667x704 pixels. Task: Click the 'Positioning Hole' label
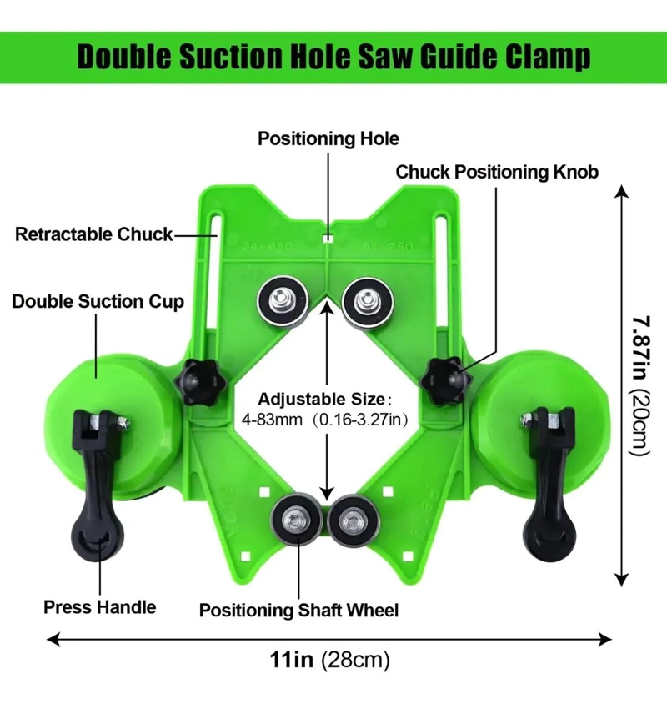328,138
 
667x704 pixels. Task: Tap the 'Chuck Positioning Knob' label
497,173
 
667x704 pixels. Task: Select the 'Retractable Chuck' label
94,234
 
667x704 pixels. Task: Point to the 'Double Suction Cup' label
98,302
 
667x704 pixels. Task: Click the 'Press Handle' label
100,607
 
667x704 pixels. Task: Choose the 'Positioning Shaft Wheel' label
298,611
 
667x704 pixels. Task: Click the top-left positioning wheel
283,301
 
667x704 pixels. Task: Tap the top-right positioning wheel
367,303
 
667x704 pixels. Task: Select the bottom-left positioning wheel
297,520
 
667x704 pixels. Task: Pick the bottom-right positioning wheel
354,520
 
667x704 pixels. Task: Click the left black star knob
198,382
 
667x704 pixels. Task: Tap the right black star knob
446,380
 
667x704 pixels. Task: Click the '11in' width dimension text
292,660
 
